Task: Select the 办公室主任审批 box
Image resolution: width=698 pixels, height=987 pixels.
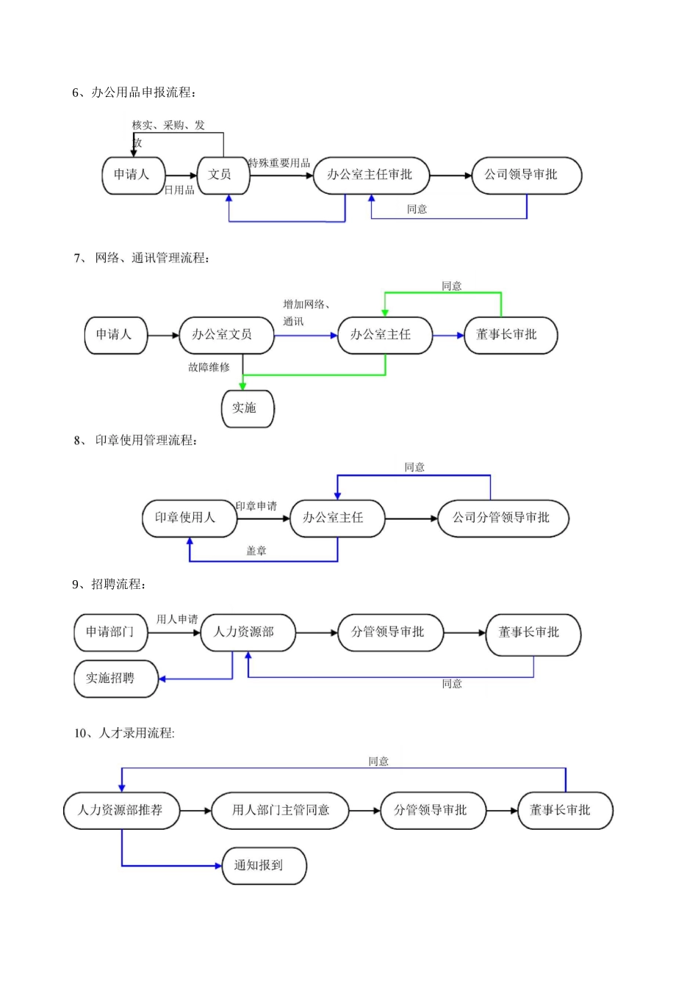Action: pyautogui.click(x=371, y=175)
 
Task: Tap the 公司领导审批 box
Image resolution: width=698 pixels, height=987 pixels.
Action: pyautogui.click(x=526, y=175)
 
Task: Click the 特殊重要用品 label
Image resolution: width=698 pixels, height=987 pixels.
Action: pyautogui.click(x=279, y=163)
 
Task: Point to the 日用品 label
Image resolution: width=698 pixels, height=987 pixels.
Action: pyautogui.click(x=179, y=190)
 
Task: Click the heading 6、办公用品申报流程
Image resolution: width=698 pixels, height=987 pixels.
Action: pyautogui.click(x=134, y=92)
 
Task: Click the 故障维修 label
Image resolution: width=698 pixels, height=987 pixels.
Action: pyautogui.click(x=209, y=367)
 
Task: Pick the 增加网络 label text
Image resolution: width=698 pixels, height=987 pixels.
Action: pyautogui.click(x=306, y=304)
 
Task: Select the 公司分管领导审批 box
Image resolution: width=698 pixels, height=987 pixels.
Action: pyautogui.click(x=503, y=518)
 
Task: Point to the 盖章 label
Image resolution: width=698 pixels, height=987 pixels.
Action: pyautogui.click(x=256, y=551)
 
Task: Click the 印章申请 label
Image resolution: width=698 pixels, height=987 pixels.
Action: pyautogui.click(x=256, y=506)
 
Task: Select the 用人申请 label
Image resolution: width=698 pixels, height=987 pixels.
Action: pyautogui.click(x=177, y=619)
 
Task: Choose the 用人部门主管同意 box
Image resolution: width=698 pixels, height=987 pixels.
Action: pyautogui.click(x=280, y=810)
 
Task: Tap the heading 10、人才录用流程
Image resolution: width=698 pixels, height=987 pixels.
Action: pyautogui.click(x=124, y=733)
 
